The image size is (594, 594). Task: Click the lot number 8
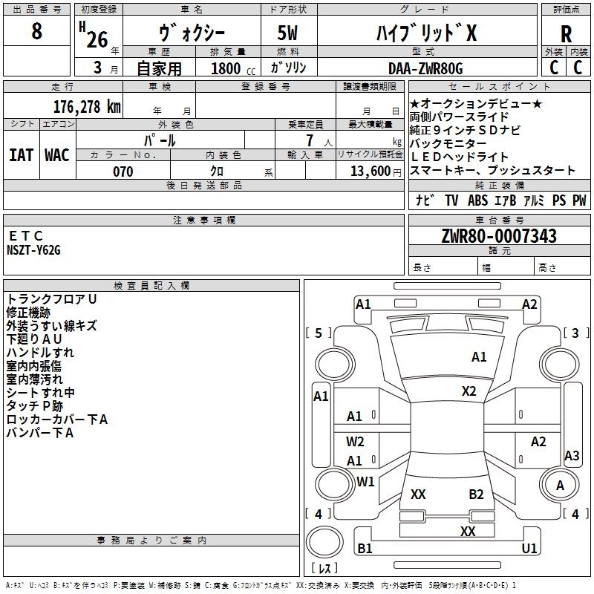point(37,31)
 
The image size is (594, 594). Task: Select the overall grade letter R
point(567,33)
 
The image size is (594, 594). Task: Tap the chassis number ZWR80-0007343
point(498,237)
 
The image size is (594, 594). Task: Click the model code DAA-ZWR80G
point(425,68)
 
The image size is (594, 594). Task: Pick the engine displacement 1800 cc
point(231,68)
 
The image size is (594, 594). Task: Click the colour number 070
point(123,172)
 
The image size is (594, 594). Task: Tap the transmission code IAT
point(21,154)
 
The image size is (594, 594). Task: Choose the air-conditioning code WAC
point(57,154)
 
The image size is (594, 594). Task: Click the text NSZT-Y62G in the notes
point(34,250)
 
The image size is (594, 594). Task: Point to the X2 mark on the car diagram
point(469,391)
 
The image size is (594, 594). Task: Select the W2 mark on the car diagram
point(355,441)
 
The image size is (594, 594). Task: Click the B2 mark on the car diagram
point(476,495)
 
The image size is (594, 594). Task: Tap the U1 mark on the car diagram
point(529,548)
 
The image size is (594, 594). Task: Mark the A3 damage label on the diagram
point(572,456)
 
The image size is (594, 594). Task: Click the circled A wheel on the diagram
point(560,486)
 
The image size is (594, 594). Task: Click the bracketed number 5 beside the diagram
point(319,333)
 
